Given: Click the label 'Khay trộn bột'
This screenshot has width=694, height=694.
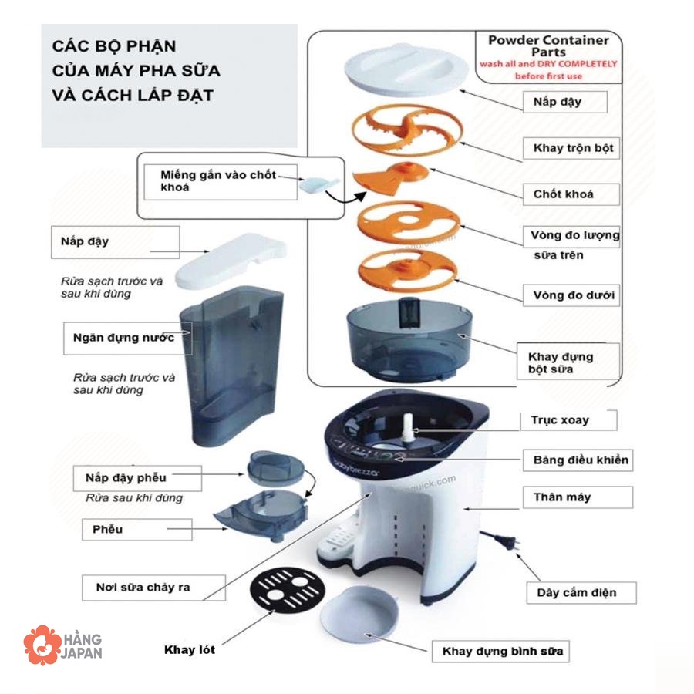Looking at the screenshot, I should (x=573, y=147).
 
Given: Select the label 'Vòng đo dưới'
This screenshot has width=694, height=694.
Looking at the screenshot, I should (x=573, y=295).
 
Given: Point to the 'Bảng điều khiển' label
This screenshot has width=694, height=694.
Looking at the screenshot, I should (x=581, y=460).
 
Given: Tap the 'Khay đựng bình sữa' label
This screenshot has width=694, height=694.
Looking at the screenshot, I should (x=502, y=652).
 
